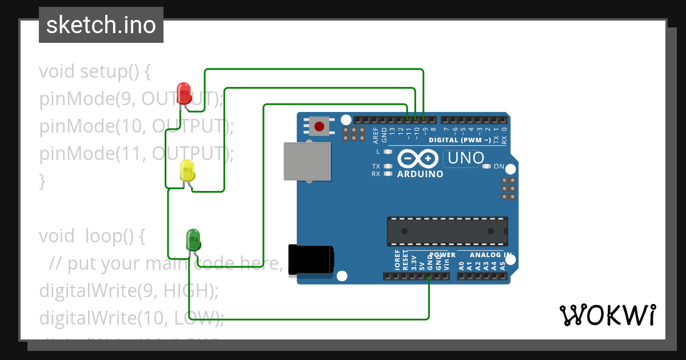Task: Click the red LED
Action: click(x=184, y=92)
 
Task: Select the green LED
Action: click(x=193, y=239)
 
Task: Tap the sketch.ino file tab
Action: click(x=101, y=25)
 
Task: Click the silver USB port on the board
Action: click(x=308, y=161)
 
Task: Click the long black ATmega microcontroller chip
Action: click(x=447, y=231)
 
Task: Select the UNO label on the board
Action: click(x=465, y=158)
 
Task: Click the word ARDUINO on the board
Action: click(x=420, y=174)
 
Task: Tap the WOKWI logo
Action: click(x=607, y=315)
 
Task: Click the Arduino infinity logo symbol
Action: click(x=418, y=158)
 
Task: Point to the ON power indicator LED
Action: click(x=486, y=166)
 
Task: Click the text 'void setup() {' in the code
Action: click(x=94, y=72)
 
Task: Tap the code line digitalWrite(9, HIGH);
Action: click(x=129, y=290)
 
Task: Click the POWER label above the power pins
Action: click(x=442, y=255)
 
